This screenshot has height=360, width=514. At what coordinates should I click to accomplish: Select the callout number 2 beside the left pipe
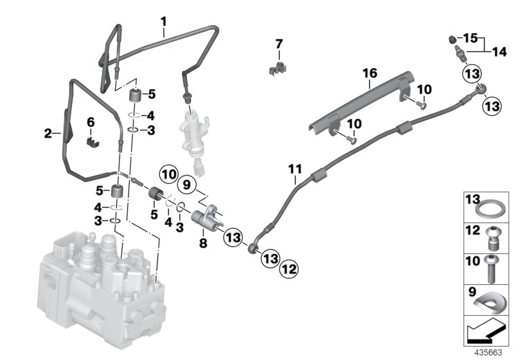48,134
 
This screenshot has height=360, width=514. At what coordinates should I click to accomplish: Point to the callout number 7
279,44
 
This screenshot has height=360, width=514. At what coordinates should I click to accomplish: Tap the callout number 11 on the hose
294,170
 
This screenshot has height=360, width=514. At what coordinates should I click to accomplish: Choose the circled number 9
186,185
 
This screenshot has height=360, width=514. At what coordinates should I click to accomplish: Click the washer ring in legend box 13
486,209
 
